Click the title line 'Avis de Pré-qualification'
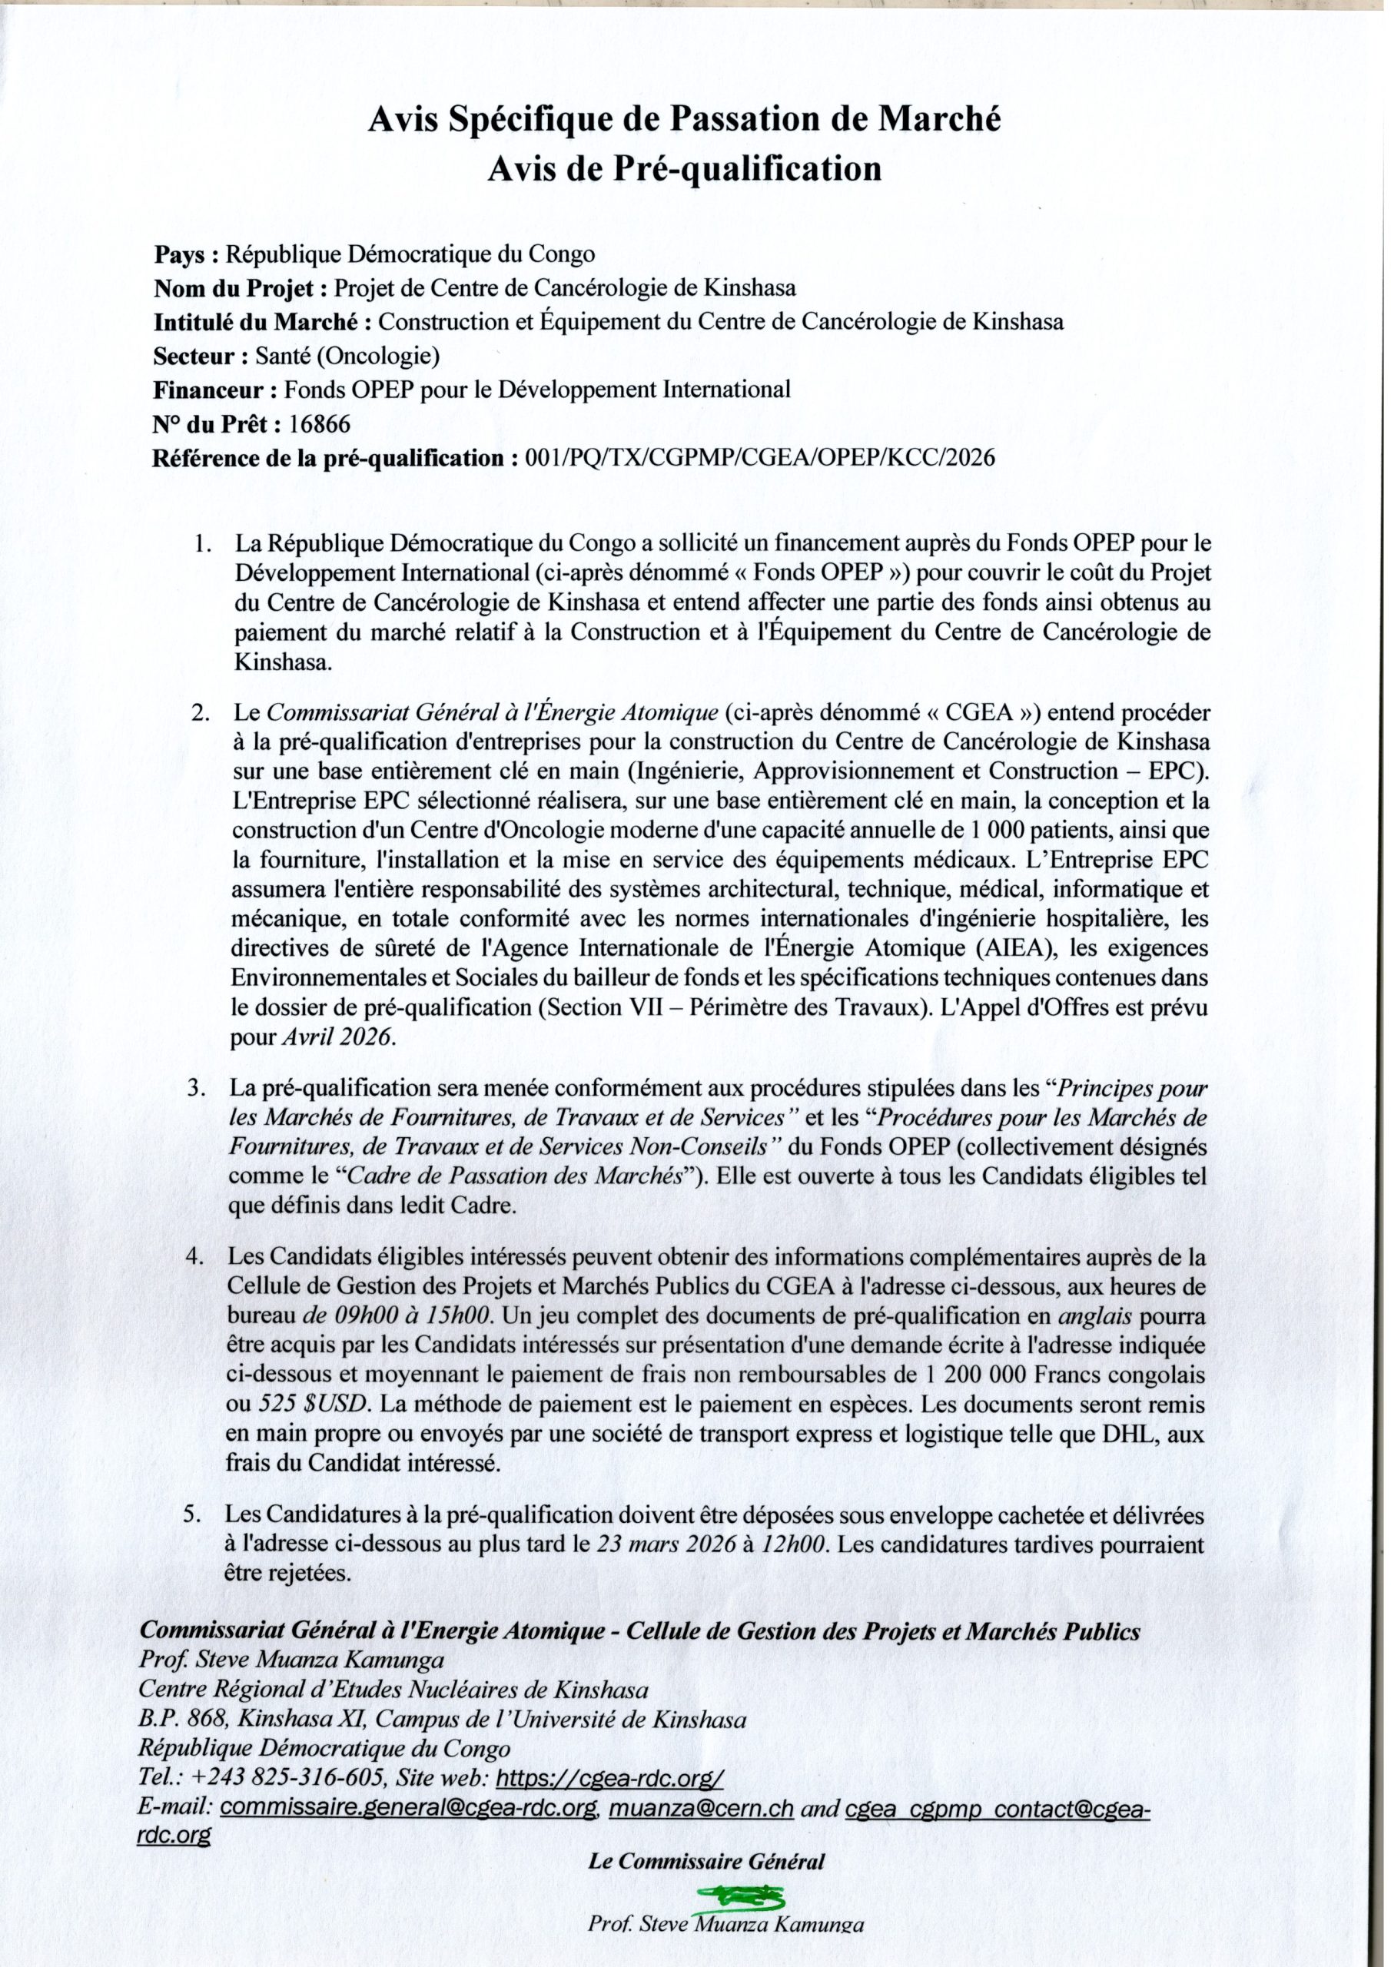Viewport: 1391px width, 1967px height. (684, 169)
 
